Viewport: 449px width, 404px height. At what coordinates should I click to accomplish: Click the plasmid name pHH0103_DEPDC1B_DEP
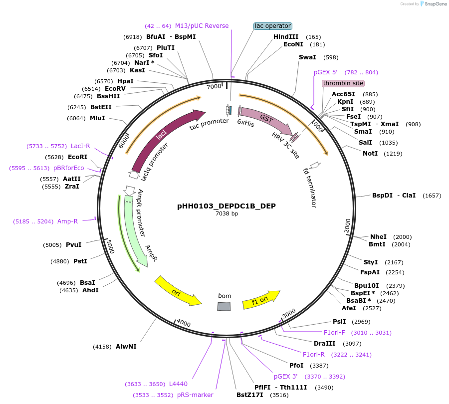tap(226, 206)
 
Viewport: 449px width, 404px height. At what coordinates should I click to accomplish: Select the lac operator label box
tap(272, 26)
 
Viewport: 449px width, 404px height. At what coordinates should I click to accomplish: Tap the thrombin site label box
tap(343, 83)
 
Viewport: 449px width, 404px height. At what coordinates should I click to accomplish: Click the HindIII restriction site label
tap(286, 37)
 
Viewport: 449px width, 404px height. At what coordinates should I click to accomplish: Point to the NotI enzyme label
tap(370, 153)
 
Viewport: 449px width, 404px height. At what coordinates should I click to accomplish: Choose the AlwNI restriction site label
tap(126, 346)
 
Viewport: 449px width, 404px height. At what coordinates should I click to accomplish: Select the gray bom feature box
tap(224, 306)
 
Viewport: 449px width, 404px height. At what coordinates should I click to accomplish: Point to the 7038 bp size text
tap(226, 214)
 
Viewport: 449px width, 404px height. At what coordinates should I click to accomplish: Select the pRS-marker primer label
tap(195, 395)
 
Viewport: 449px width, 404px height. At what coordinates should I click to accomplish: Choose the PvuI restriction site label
tap(73, 245)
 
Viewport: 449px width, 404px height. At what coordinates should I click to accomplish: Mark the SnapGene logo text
tap(434, 4)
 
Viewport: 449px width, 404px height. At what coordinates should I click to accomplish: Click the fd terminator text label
tap(310, 188)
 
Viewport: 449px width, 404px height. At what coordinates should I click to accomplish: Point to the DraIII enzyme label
tap(324, 344)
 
